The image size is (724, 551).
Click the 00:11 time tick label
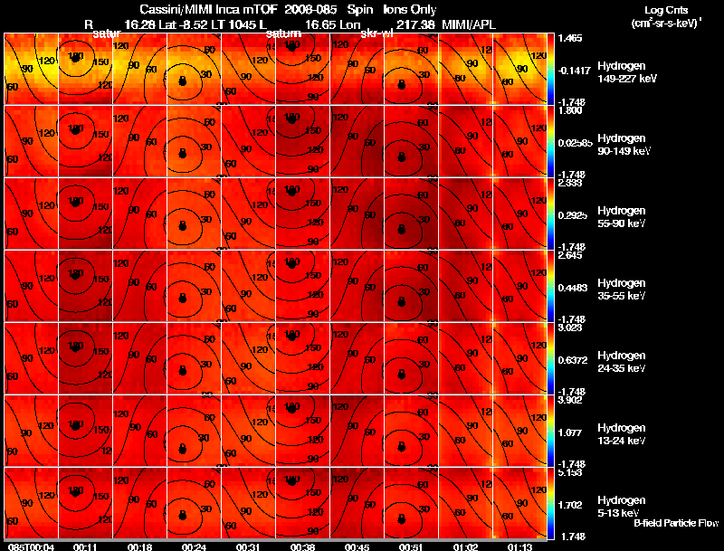coord(85,546)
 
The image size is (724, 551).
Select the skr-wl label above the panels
coord(376,33)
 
